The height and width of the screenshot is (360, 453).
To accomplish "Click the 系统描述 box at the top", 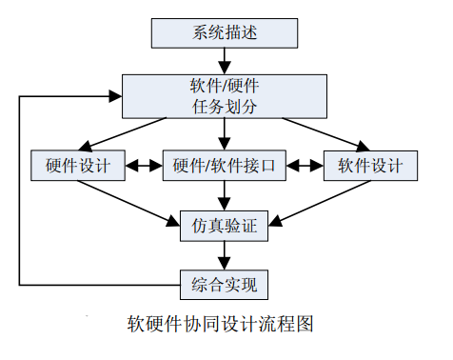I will (225, 32).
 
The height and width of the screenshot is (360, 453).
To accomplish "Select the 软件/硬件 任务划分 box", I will (225, 94).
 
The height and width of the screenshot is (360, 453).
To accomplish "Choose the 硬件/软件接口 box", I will (225, 166).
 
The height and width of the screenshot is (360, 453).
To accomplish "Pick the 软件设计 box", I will (370, 166).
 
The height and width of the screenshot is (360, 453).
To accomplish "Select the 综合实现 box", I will (225, 283).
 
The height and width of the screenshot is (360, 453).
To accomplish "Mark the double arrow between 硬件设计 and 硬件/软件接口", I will (144, 166).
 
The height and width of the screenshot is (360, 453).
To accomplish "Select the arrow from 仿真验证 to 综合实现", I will (225, 254).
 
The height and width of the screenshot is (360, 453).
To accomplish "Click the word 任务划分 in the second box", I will (225, 105).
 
